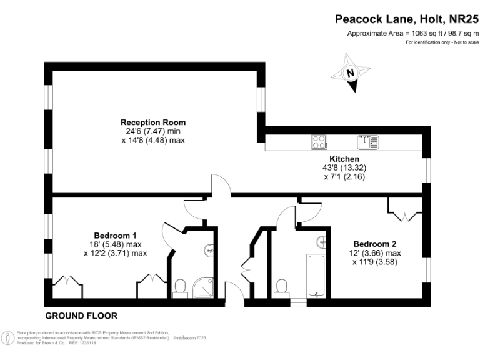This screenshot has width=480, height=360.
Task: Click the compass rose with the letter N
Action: click(x=351, y=72)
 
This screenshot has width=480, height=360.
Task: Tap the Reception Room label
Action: click(x=153, y=122)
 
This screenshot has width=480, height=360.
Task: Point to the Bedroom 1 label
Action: click(x=115, y=236)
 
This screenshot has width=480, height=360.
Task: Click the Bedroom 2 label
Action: click(x=375, y=244)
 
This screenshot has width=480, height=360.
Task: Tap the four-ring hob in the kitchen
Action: click(x=319, y=142)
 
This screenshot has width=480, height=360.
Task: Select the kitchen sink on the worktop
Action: click(x=367, y=142)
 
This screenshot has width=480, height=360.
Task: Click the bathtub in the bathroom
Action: click(x=316, y=275)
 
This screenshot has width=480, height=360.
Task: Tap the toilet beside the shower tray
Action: click(x=181, y=286)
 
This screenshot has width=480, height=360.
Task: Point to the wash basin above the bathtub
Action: click(x=322, y=241)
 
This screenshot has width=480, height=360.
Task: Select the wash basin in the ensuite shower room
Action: click(x=210, y=251)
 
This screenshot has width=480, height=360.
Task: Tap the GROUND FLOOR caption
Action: click(x=81, y=316)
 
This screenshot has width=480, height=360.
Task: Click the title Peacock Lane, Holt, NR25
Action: click(x=406, y=19)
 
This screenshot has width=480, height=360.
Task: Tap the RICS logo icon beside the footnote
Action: click(x=7, y=337)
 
